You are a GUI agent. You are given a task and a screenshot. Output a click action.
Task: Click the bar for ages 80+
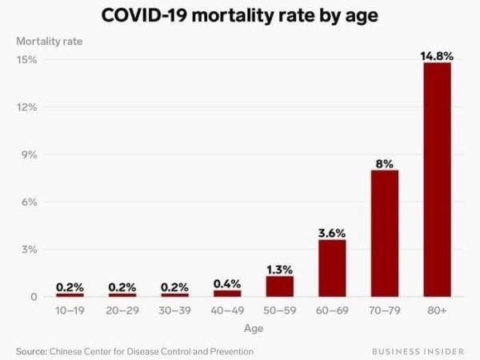point(437,179)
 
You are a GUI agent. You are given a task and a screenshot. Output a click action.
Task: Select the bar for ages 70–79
point(384,233)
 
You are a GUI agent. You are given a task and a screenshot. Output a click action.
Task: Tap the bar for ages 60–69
point(332,268)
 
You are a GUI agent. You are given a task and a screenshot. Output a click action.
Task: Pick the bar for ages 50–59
point(279,286)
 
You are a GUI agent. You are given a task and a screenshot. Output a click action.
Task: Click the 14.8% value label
point(437,55)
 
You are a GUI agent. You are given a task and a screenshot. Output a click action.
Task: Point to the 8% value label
point(384,163)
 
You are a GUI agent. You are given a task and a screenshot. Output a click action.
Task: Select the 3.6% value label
point(332,233)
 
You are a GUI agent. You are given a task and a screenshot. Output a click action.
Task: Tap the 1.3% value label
point(279,269)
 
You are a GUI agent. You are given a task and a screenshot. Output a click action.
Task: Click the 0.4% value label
point(227,283)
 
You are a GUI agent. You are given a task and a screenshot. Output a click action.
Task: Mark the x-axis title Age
point(253,328)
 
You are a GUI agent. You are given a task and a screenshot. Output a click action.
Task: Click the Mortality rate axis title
point(49,40)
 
